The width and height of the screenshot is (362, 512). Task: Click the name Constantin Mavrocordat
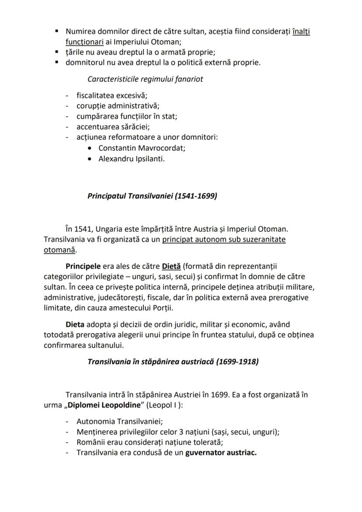(x=142, y=148)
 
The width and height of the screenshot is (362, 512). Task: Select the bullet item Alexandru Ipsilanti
(x=131, y=159)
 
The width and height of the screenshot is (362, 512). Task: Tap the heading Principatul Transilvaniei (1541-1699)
(x=152, y=196)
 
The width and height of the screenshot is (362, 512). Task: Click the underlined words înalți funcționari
(x=301, y=32)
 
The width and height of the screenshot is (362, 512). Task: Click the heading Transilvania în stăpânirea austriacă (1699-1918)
(x=173, y=362)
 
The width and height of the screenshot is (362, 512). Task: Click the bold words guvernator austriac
(x=221, y=453)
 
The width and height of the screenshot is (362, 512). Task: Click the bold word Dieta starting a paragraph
(x=75, y=324)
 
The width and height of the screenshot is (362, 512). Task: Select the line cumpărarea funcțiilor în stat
(x=126, y=116)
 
